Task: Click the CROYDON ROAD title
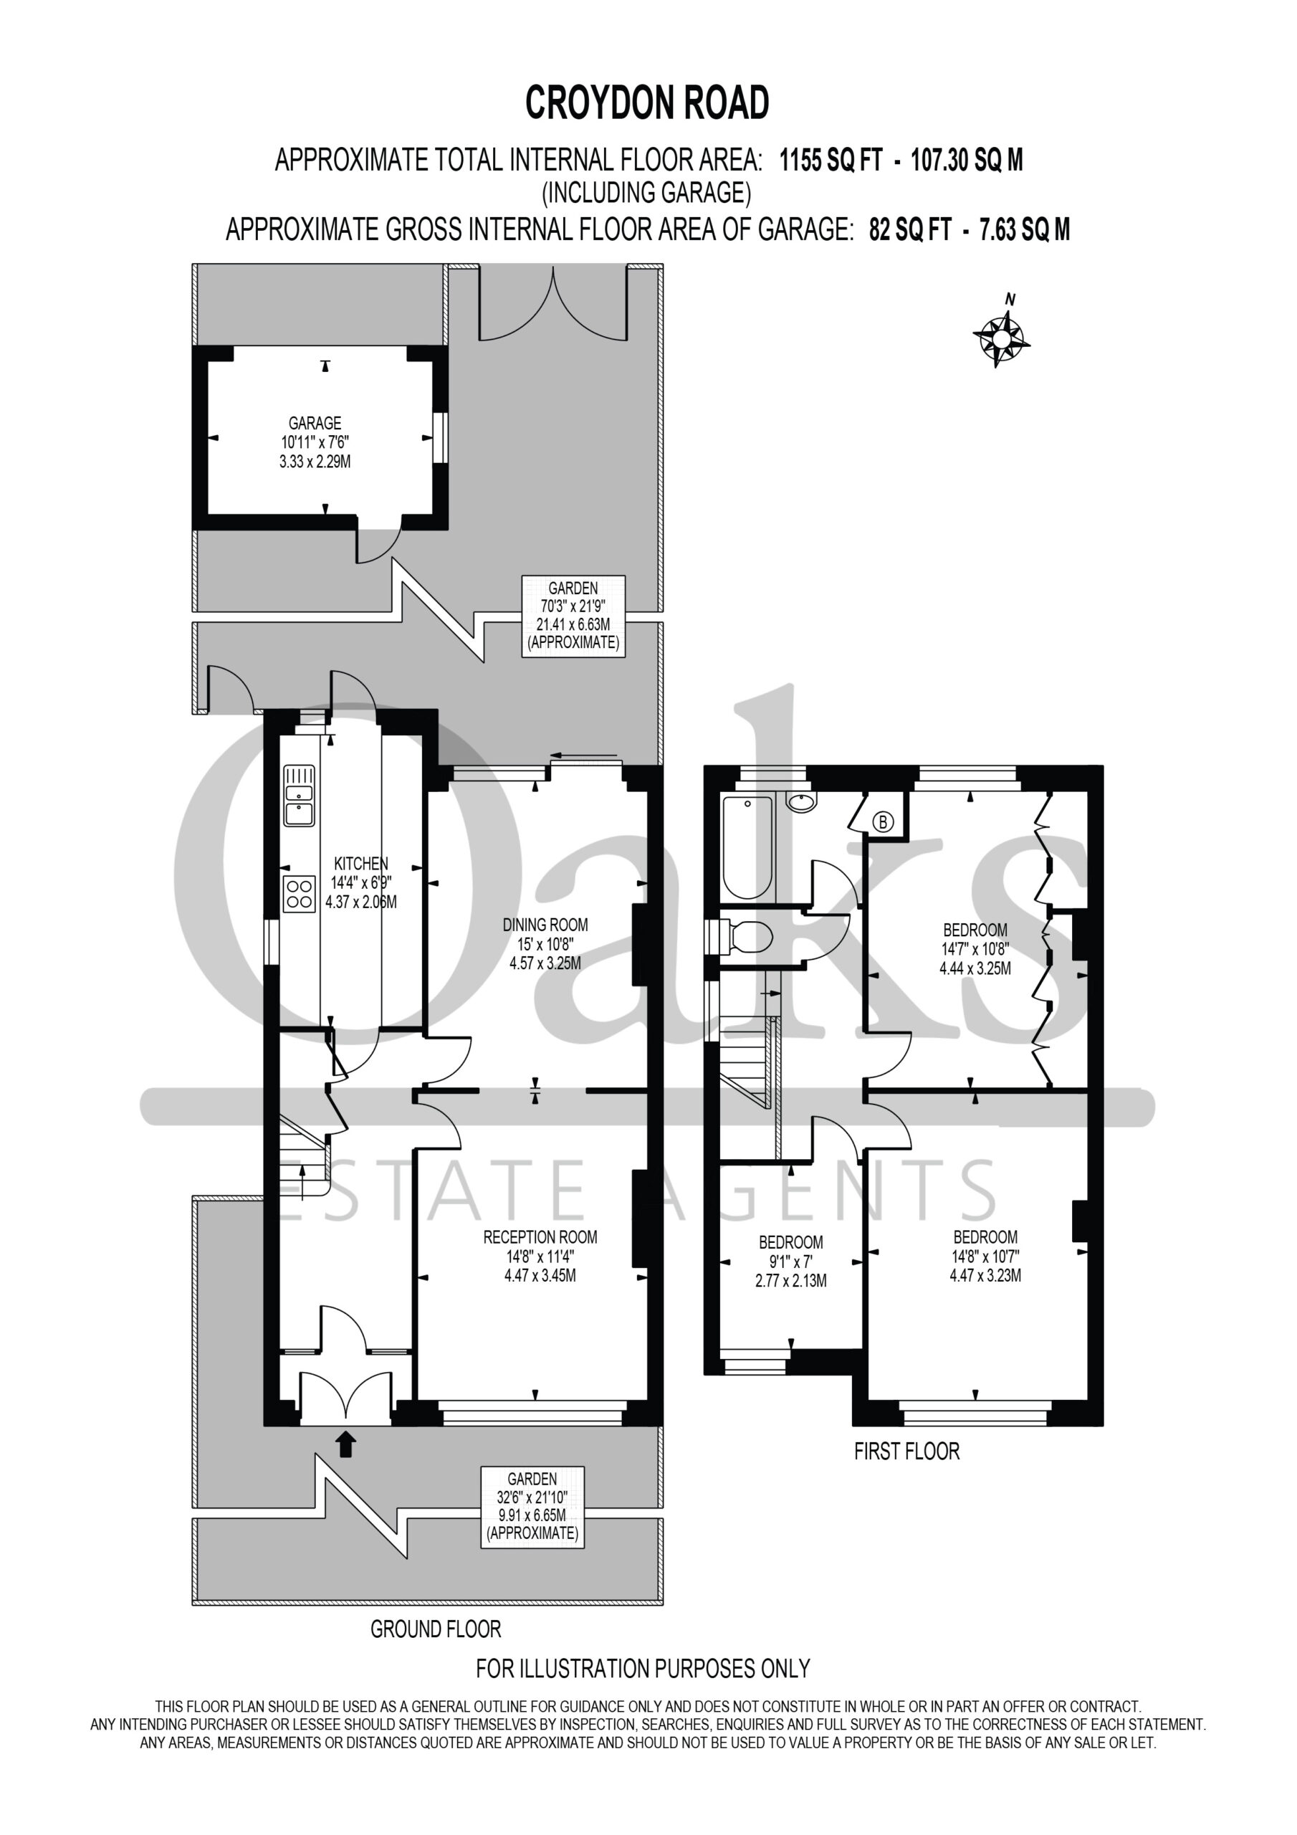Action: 647,103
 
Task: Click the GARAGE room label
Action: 315,423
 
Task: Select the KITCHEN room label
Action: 361,863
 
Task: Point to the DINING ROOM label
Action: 545,925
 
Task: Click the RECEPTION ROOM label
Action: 540,1237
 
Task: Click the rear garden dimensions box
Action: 573,616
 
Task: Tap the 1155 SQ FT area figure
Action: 831,161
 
